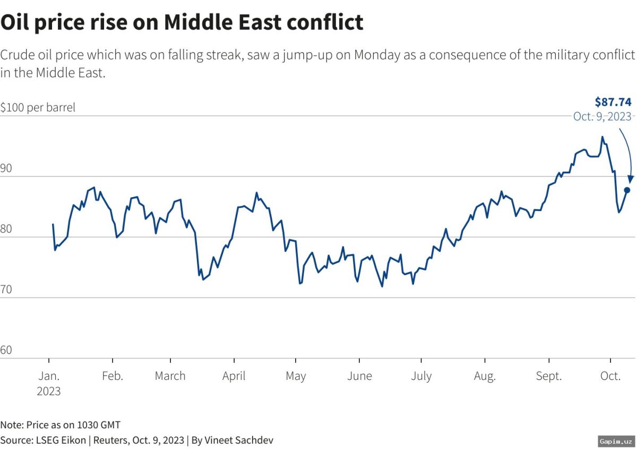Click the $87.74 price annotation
click(613, 102)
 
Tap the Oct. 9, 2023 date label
click(602, 116)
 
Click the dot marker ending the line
click(627, 190)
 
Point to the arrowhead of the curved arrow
click(631, 180)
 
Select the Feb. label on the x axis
click(112, 376)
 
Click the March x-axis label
click(170, 376)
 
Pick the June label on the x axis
click(359, 376)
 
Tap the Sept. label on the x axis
click(548, 376)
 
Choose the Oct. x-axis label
click(610, 376)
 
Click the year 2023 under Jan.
click(48, 392)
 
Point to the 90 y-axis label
click(7, 168)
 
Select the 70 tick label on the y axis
click(7, 289)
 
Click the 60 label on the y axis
click(7, 350)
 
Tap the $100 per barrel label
click(38, 107)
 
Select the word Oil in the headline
click(18, 22)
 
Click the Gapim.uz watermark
click(615, 442)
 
